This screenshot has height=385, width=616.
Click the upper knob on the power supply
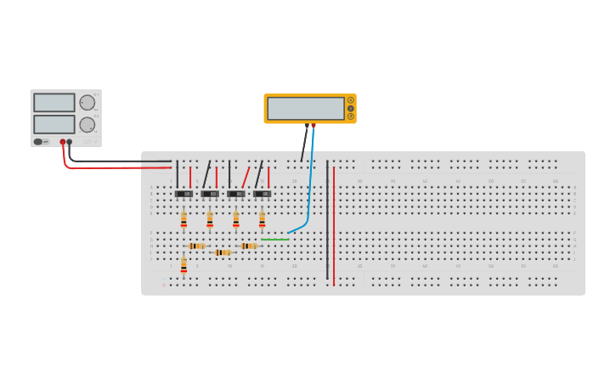pyautogui.click(x=87, y=103)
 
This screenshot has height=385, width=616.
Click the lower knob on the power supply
pyautogui.click(x=87, y=125)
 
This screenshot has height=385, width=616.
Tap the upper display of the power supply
pyautogui.click(x=54, y=103)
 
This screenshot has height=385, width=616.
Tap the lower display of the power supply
pyautogui.click(x=54, y=124)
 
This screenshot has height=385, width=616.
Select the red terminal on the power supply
pyautogui.click(x=63, y=142)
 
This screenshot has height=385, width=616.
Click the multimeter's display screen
pyautogui.click(x=305, y=109)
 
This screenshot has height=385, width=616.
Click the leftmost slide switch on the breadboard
pyautogui.click(x=184, y=194)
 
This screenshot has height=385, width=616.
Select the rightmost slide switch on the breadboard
pyautogui.click(x=262, y=194)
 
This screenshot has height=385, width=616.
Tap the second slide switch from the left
pyautogui.click(x=210, y=194)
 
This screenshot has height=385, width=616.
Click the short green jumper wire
pyautogui.click(x=274, y=240)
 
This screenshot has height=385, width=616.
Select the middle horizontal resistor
pyautogui.click(x=223, y=252)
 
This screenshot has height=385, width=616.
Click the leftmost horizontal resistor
pyautogui.click(x=196, y=246)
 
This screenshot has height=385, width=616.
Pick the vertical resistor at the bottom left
pyautogui.click(x=184, y=266)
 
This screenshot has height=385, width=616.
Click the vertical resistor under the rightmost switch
pyautogui.click(x=262, y=220)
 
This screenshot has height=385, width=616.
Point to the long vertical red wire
pyautogui.click(x=334, y=225)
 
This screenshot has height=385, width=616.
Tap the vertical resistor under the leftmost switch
pyautogui.click(x=184, y=220)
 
